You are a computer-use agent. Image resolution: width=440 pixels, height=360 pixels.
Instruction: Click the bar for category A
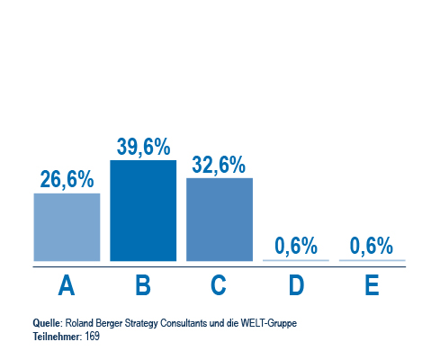pos(67,227)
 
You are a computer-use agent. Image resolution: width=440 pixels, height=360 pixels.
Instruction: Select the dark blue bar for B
pos(143,211)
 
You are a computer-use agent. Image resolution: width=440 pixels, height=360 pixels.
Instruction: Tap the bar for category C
pos(220,220)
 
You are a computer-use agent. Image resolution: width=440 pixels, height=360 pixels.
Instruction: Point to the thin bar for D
pos(296,260)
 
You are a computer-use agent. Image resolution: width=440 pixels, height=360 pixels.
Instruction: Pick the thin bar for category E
pos(373,260)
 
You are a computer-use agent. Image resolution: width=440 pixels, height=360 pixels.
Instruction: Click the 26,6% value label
pos(67,179)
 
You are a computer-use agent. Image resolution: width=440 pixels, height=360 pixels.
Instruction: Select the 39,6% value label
pos(143,147)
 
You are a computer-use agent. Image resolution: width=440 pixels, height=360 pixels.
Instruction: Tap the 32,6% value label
pos(219,165)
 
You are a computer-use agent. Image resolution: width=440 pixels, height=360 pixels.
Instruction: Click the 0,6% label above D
pos(296,246)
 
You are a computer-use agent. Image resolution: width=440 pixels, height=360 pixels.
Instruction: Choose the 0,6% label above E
pos(372,246)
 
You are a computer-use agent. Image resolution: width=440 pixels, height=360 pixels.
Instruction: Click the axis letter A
pos(67,285)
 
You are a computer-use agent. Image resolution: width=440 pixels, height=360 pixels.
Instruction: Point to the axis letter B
pos(143,285)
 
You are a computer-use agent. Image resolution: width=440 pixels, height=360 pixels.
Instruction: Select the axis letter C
pos(219,285)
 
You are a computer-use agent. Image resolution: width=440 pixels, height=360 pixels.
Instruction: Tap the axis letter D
pos(296,285)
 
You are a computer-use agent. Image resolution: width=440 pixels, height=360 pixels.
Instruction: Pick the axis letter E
pos(372,285)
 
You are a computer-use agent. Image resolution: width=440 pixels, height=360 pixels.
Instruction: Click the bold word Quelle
pos(47,323)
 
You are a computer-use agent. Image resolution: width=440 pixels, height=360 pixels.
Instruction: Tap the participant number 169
pos(92,337)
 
